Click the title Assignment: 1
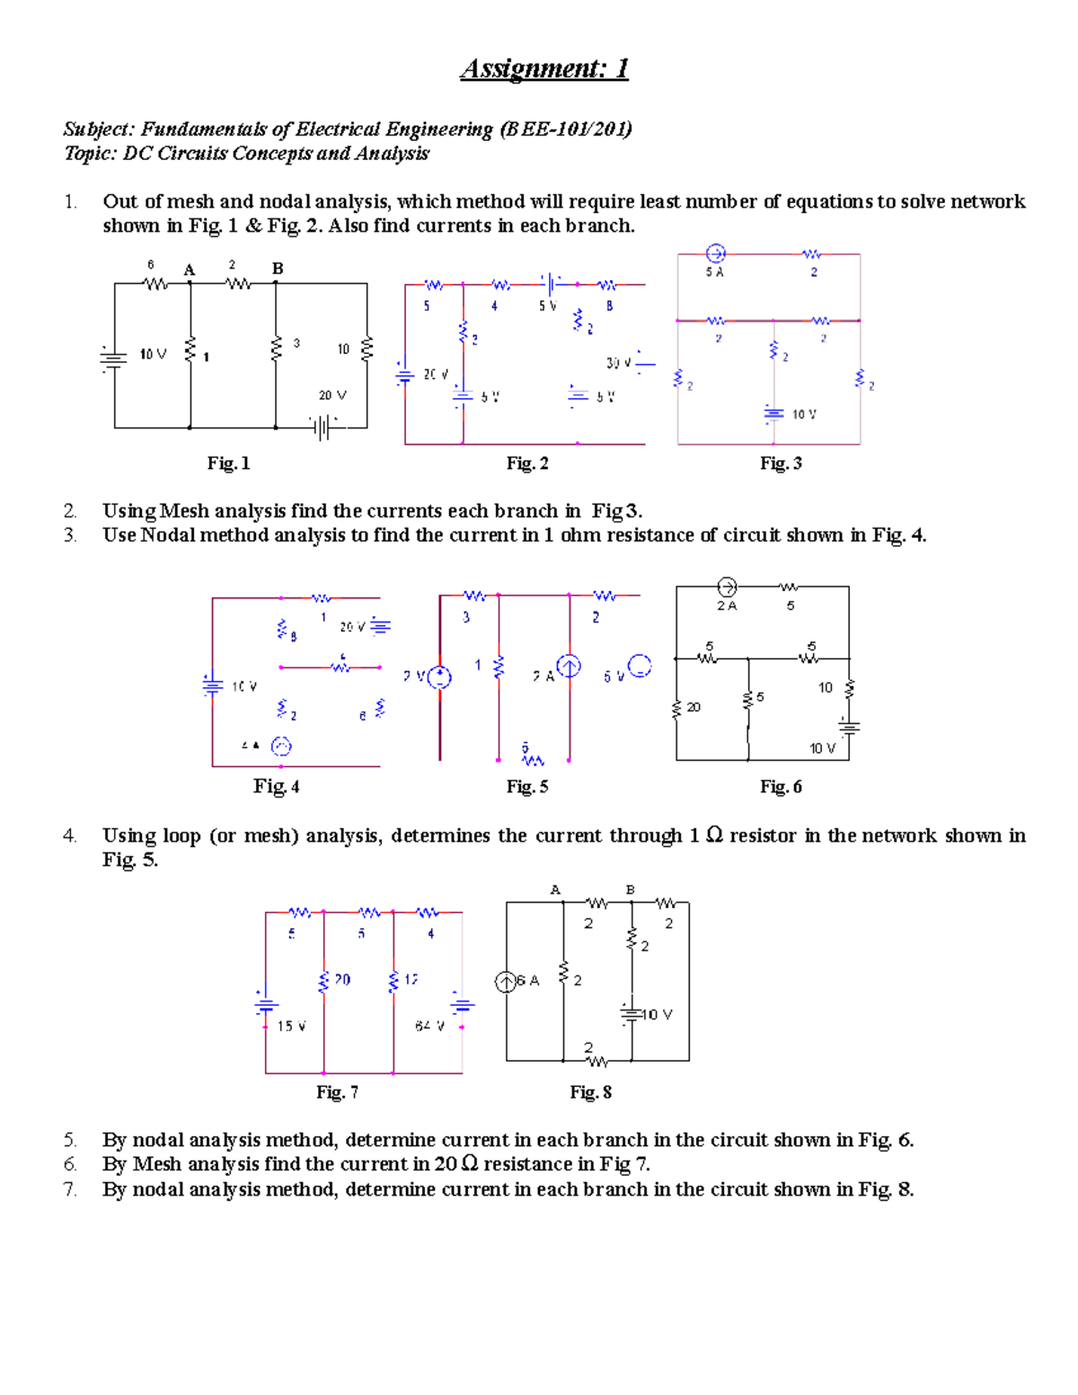(543, 68)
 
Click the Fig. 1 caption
(228, 464)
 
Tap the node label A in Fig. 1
(189, 269)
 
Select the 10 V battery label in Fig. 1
(153, 355)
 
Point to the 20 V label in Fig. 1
(332, 395)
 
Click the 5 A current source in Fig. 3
(715, 253)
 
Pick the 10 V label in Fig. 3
(804, 414)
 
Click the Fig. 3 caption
(781, 464)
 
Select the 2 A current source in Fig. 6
(727, 587)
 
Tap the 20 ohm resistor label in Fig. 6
(694, 708)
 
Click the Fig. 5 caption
(526, 787)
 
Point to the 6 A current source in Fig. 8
(507, 982)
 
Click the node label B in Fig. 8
(631, 890)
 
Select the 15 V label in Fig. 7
(291, 1026)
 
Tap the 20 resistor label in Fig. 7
(342, 979)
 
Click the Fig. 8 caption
(590, 1092)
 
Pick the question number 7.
(70, 1190)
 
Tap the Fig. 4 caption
(276, 787)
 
